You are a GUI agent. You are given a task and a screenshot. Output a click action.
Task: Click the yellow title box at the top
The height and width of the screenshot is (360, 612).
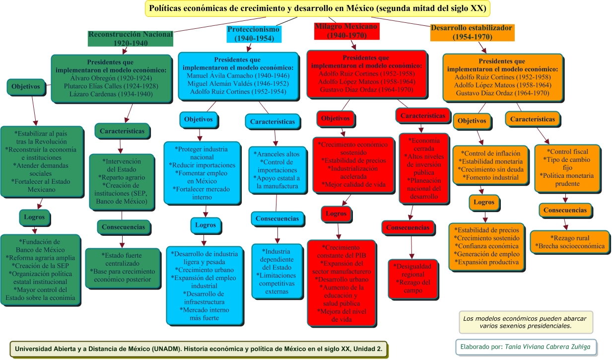click(x=318, y=8)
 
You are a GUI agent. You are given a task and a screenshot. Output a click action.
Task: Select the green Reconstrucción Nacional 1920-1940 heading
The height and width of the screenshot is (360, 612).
click(x=131, y=38)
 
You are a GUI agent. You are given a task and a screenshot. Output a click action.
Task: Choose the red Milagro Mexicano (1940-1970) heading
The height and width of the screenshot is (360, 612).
click(x=346, y=31)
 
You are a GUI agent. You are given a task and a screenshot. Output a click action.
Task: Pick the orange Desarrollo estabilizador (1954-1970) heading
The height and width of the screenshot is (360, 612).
click(x=472, y=32)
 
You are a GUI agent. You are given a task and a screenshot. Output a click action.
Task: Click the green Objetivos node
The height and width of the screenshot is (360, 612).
click(x=26, y=86)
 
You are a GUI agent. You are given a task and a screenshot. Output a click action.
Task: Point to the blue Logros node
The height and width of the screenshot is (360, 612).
click(x=205, y=225)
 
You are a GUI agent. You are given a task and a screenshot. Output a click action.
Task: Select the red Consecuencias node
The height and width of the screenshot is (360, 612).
click(x=408, y=227)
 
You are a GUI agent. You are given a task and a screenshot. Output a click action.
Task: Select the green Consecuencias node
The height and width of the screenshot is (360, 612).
click(x=123, y=227)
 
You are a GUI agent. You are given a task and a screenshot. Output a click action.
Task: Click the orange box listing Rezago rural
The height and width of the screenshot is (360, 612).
click(x=570, y=242)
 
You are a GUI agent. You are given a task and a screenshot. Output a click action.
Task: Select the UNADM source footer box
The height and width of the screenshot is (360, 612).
click(x=199, y=349)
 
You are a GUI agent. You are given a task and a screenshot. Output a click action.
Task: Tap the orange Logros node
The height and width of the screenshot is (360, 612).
click(x=484, y=203)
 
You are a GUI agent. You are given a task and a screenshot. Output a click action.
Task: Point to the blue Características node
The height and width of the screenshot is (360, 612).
click(x=272, y=122)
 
